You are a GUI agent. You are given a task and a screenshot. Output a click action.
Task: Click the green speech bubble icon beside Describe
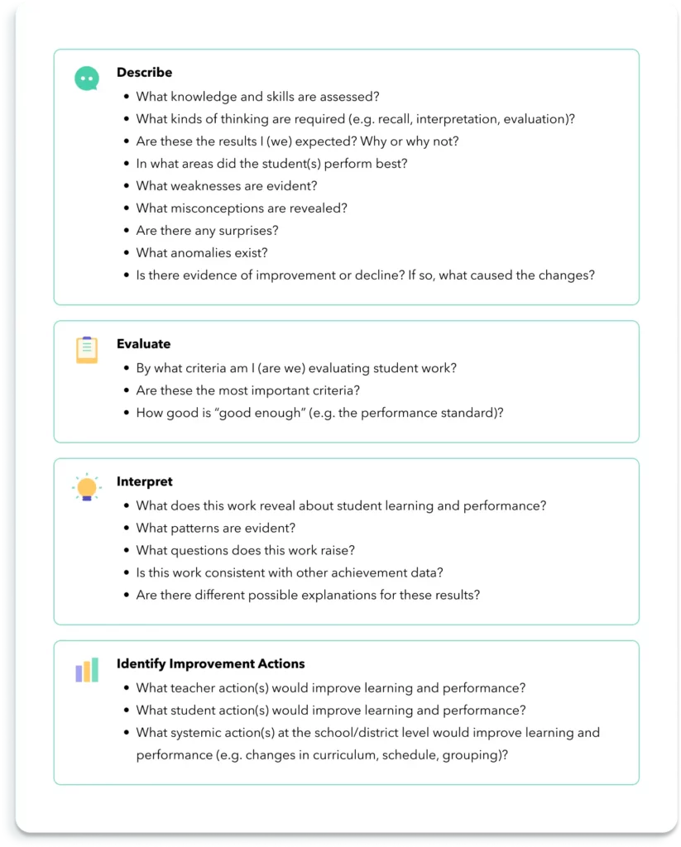pyautogui.click(x=86, y=79)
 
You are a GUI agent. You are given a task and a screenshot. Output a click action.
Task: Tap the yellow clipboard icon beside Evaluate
pyautogui.click(x=86, y=350)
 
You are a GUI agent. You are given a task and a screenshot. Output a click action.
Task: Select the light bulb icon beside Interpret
pyautogui.click(x=86, y=487)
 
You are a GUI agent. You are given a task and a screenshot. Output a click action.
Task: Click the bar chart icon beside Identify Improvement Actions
pyautogui.click(x=86, y=670)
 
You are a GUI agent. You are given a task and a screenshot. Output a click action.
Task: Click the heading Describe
pyautogui.click(x=144, y=73)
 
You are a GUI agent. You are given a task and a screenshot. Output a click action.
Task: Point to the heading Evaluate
pyautogui.click(x=143, y=344)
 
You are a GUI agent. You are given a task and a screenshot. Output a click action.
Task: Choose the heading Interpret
pyautogui.click(x=144, y=481)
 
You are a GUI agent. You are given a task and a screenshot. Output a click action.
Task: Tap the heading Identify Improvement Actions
pyautogui.click(x=210, y=663)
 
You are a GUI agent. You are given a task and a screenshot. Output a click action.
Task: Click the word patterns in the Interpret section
pyautogui.click(x=197, y=528)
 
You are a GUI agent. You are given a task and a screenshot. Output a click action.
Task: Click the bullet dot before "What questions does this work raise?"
pyautogui.click(x=126, y=551)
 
